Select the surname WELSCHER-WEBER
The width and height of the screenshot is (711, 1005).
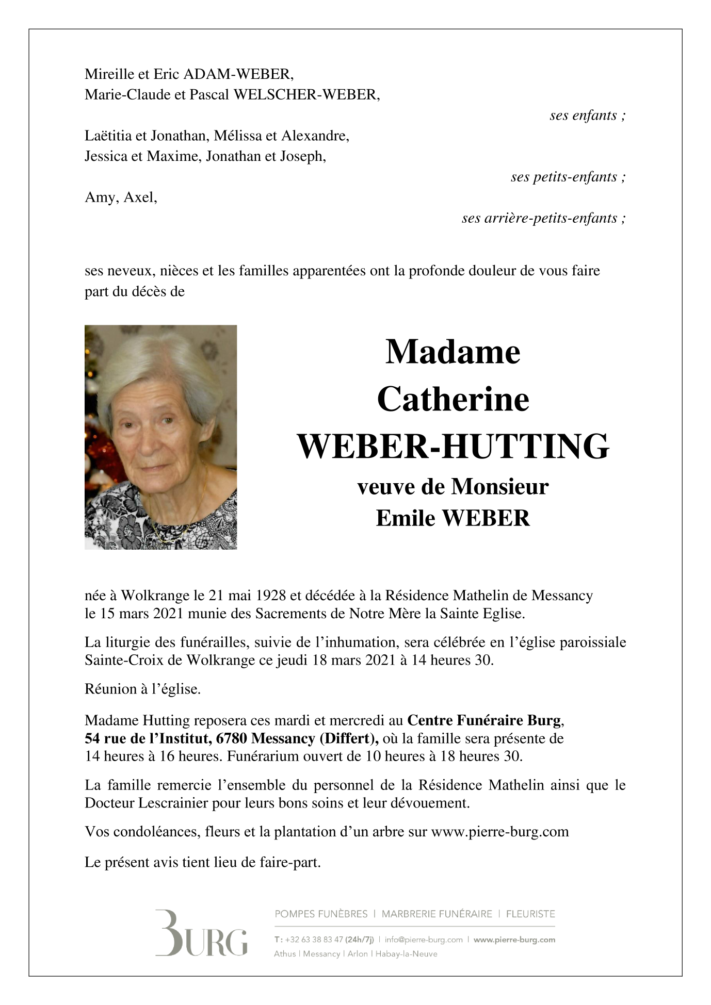[306, 95]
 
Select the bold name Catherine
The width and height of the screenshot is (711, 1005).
[453, 400]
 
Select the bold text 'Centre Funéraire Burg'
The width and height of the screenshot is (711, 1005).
[483, 720]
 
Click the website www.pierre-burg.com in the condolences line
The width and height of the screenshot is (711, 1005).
[499, 832]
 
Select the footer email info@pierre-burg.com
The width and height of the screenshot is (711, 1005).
[423, 940]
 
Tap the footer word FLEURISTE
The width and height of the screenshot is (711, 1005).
[530, 914]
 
